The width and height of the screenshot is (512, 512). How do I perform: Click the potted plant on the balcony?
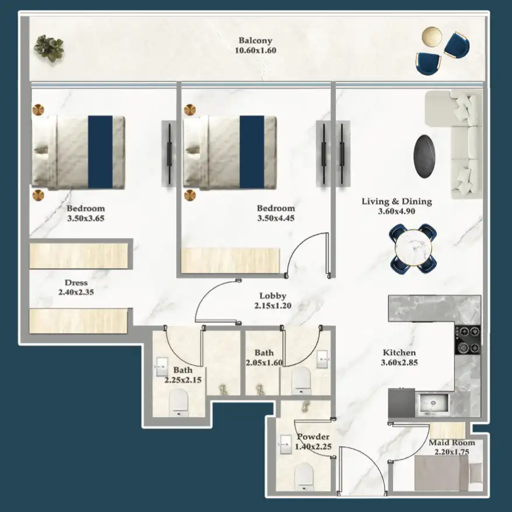tap(48, 47)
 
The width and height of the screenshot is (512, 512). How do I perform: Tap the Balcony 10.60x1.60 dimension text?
tap(255, 51)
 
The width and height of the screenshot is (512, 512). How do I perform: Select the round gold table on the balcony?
tap(432, 36)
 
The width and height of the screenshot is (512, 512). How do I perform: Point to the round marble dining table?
tap(413, 247)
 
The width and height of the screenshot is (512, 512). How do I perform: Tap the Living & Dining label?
tap(397, 202)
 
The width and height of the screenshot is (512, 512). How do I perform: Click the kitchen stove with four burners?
tap(468, 339)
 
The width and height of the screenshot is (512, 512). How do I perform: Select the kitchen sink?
tap(432, 402)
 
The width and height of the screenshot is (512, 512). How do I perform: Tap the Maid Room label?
tap(452, 443)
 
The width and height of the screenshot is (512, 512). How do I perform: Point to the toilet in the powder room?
tap(304, 476)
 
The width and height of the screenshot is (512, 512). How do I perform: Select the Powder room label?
tap(313, 437)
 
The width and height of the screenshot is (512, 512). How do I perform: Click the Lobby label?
tap(273, 296)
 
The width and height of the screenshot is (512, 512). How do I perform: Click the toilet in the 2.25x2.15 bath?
tap(178, 403)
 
